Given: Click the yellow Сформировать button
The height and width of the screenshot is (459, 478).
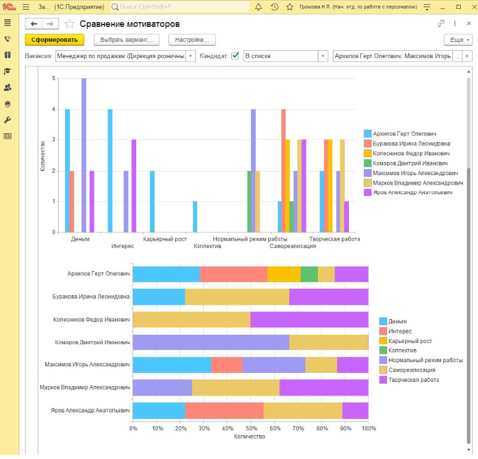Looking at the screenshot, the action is (x=54, y=40).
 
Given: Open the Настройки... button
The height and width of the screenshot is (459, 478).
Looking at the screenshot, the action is (x=192, y=40).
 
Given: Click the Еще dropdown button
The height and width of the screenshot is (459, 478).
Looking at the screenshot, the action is (x=458, y=40).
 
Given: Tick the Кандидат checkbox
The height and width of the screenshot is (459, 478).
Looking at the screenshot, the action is (x=235, y=56).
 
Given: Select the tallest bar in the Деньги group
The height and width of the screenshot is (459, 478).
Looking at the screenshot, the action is (x=84, y=155).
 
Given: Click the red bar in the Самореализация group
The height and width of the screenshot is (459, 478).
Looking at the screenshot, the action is (x=283, y=170).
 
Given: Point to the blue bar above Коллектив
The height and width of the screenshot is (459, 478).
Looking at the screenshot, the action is (x=195, y=216).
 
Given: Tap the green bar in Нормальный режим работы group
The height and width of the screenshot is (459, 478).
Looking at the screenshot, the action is (x=249, y=201).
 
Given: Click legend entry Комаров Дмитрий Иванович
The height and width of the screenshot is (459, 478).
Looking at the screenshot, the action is (x=410, y=163).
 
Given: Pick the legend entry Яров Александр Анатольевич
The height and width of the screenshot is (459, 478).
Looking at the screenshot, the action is (x=412, y=192).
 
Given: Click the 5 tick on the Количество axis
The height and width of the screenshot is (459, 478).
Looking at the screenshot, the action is (x=54, y=78).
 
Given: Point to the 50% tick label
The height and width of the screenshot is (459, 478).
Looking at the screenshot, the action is (x=252, y=428).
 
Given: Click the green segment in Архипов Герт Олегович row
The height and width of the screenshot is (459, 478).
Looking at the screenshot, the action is (x=309, y=274).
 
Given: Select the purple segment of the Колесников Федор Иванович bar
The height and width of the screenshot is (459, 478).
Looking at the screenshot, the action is (x=310, y=319).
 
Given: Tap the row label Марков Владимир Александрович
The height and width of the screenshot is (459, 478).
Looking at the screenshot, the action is (x=85, y=387).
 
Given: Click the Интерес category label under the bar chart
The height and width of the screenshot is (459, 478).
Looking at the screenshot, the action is (x=122, y=246).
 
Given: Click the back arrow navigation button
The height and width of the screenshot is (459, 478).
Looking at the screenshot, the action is (x=34, y=24).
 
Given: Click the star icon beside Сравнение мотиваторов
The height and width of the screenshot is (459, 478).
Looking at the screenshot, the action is (x=69, y=24).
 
